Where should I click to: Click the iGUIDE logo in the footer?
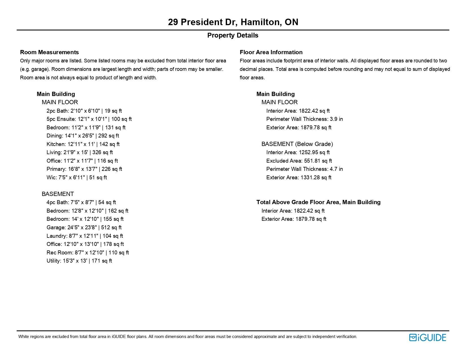pyautogui.click(x=428, y=337)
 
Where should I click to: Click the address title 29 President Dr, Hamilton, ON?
pyautogui.click(x=233, y=22)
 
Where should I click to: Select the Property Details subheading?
pyautogui.click(x=233, y=35)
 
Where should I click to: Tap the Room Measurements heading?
pyautogui.click(x=49, y=52)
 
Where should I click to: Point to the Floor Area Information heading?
pyautogui.click(x=271, y=52)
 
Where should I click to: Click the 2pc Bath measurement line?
pyautogui.click(x=84, y=111)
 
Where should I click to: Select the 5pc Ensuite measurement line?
pyautogui.click(x=89, y=119)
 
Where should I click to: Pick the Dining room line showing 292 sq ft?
pyautogui.click(x=83, y=136)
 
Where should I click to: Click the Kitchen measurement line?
pyautogui.click(x=83, y=144)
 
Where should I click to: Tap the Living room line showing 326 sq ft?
pyautogui.click(x=80, y=152)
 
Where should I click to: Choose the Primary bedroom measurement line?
pyautogui.click(x=84, y=169)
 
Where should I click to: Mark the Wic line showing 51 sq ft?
pyautogui.click(x=77, y=178)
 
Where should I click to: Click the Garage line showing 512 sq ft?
pyautogui.click(x=84, y=228)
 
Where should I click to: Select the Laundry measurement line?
pyautogui.click(x=85, y=236)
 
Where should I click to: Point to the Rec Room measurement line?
pyautogui.click(x=88, y=253)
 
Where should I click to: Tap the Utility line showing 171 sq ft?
pyautogui.click(x=79, y=261)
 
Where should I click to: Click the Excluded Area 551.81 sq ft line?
pyautogui.click(x=299, y=161)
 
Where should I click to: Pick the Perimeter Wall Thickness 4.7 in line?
pyautogui.click(x=304, y=169)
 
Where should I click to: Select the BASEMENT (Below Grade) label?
pyautogui.click(x=297, y=144)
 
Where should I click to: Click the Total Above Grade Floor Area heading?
pyautogui.click(x=318, y=202)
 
